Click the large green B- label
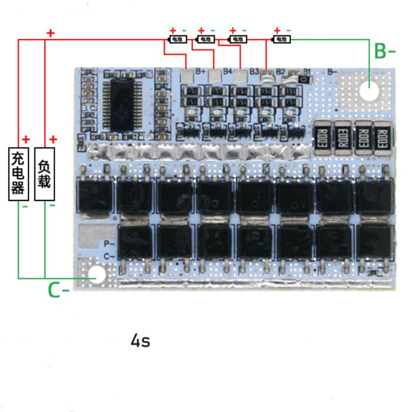point(384,51)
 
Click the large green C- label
point(58,290)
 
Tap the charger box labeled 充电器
point(18,174)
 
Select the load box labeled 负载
point(45,174)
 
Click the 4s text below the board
point(141,340)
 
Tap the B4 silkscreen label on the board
point(228,72)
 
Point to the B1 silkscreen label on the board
point(307,72)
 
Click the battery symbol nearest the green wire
point(281,39)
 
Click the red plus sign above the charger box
point(26,139)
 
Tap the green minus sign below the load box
point(52,205)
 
